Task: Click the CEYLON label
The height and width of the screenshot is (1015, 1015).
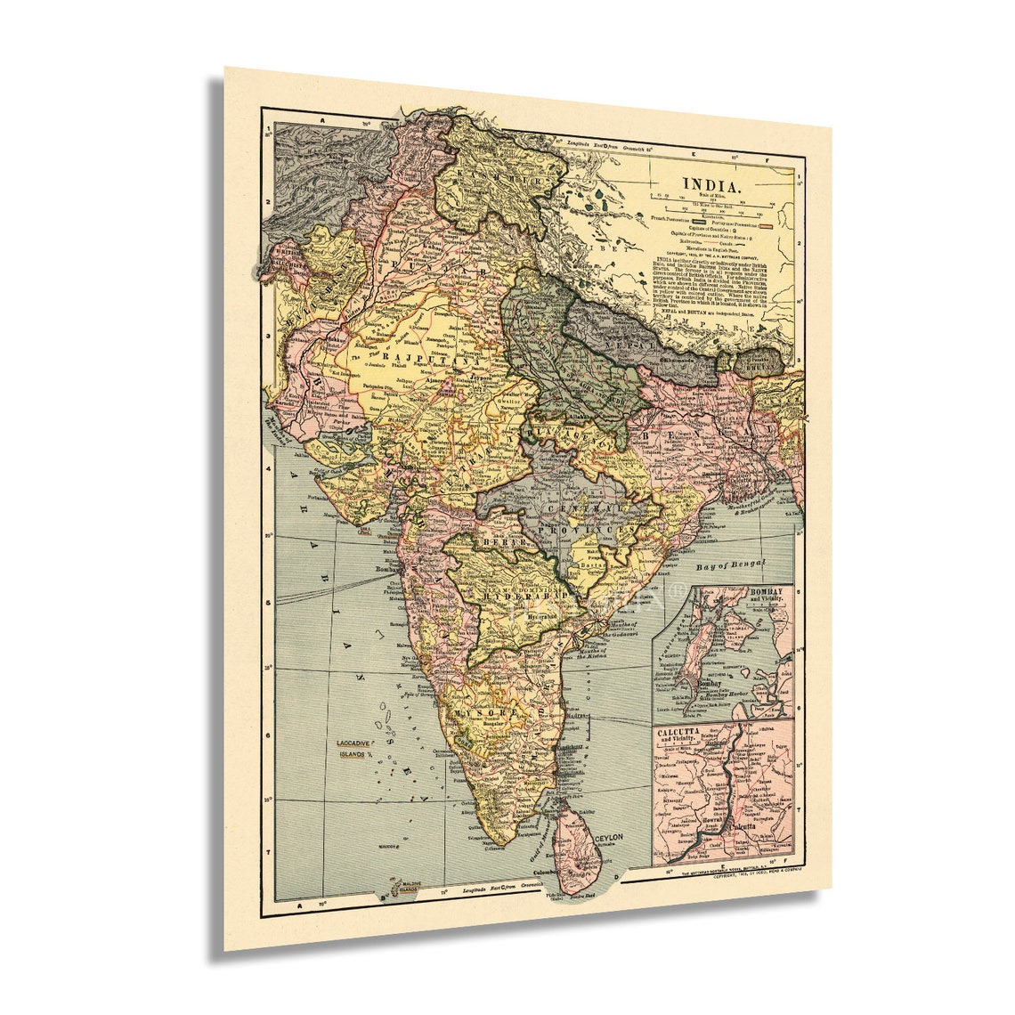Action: tap(609, 839)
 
